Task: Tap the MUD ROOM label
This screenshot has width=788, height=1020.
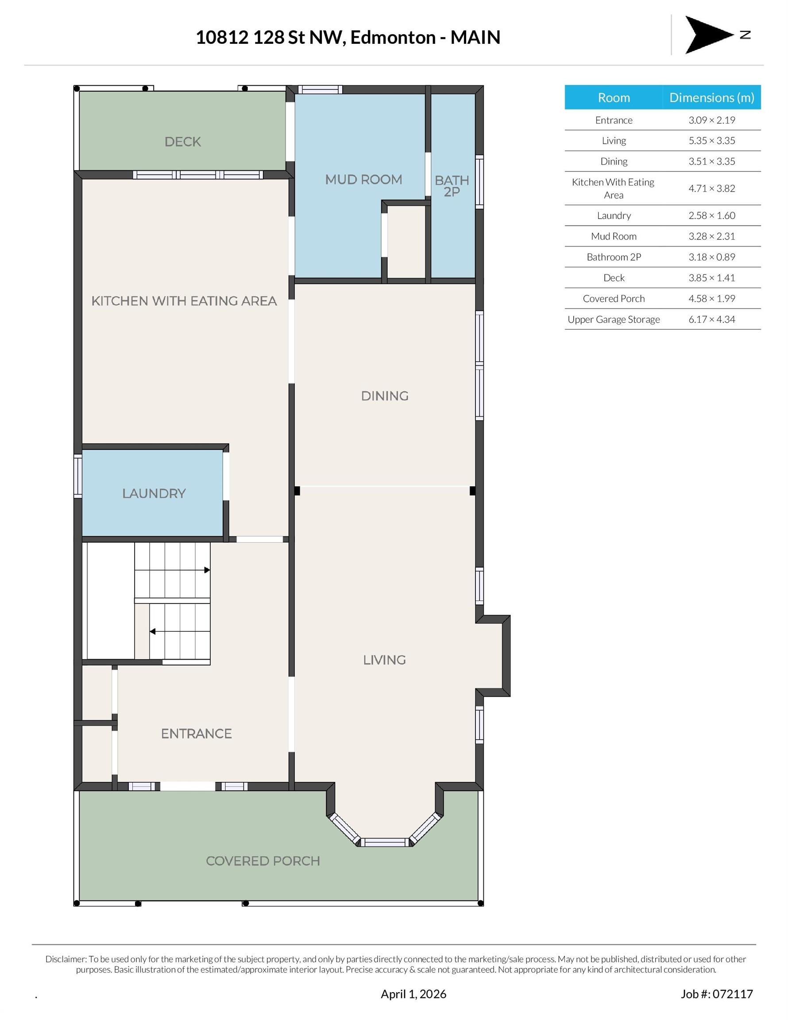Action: point(363,179)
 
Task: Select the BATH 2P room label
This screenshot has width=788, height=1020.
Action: point(452,186)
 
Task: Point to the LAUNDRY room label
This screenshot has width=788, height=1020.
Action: point(154,493)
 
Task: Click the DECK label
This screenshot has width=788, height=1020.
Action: point(183,142)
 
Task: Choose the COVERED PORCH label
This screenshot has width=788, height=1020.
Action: point(263,861)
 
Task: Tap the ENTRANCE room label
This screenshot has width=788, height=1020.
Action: point(196,733)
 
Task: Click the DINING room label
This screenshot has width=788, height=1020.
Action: point(384,396)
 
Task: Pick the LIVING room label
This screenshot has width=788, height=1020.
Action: point(384,660)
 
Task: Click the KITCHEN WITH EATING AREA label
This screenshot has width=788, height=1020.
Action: point(184,301)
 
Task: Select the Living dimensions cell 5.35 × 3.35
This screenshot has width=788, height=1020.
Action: point(711,141)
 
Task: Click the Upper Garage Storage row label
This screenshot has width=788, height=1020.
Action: point(614,320)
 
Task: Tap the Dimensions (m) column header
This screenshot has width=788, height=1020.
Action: point(711,97)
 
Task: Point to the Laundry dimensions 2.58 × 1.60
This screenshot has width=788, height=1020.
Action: point(711,215)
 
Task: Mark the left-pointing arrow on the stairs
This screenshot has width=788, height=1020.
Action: point(180,631)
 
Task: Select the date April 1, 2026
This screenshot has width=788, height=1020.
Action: point(413,994)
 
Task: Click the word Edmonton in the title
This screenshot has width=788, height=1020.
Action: point(393,37)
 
